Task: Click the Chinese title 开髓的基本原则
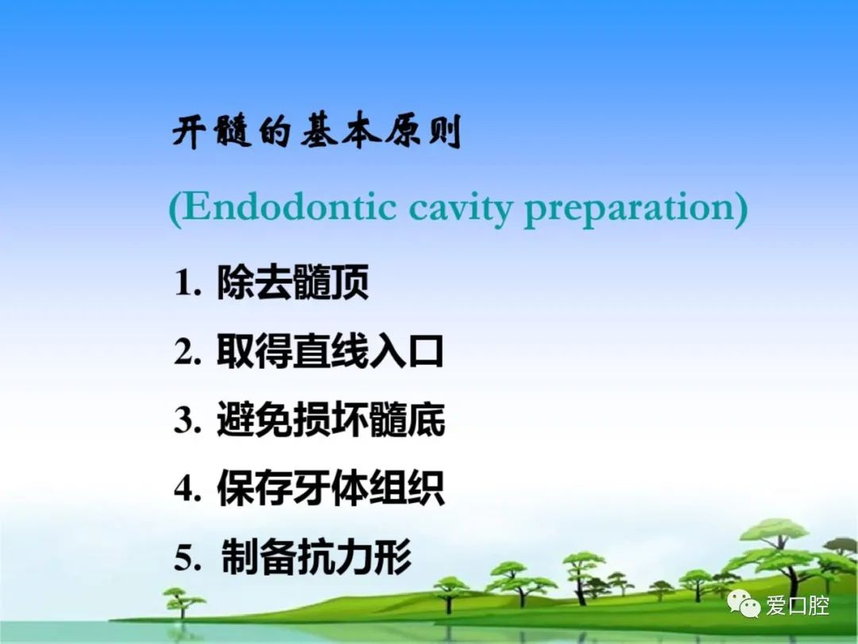[316, 131]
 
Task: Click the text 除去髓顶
[292, 282]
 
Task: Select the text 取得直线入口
[330, 351]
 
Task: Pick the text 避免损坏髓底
[330, 420]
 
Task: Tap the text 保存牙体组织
[330, 488]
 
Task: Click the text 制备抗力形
[316, 557]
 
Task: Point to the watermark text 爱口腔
[798, 606]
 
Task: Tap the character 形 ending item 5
[393, 557]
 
